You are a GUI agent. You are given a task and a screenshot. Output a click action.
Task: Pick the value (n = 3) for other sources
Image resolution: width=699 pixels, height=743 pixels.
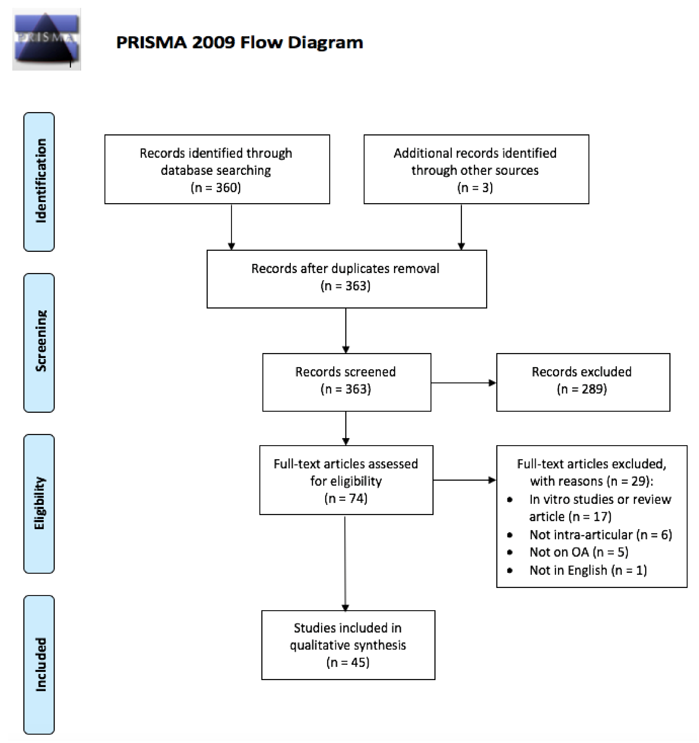click(x=475, y=187)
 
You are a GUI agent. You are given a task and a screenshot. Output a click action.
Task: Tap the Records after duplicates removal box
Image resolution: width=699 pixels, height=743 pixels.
click(x=347, y=279)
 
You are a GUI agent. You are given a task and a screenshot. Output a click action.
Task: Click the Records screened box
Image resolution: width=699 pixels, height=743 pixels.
click(x=347, y=382)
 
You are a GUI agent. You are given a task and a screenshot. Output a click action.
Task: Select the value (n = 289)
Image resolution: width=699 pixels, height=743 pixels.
click(x=582, y=389)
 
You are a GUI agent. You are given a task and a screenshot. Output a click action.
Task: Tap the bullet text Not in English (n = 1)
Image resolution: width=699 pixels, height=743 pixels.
click(x=588, y=570)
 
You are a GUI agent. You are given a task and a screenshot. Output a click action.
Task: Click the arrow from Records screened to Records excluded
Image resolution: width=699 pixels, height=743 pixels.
click(x=464, y=383)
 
